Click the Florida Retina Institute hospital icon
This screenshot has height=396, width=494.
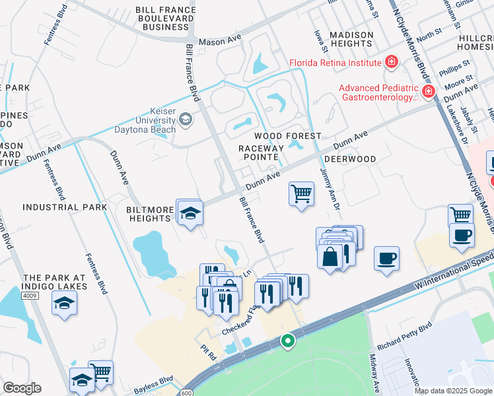coord(392,62)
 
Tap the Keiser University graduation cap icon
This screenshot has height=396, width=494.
coord(186,119)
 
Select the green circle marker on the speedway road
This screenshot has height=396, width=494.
coord(287,341)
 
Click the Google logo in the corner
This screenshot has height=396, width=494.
coord(22,388)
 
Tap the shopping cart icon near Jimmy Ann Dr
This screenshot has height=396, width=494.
coord(301,194)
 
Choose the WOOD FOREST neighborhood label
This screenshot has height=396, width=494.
coord(293,135)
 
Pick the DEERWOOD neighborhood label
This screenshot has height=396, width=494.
coord(349,159)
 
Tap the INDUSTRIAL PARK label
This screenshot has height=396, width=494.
coord(65,207)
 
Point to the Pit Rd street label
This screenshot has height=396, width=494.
coord(209,355)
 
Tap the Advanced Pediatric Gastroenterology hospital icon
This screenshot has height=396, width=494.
coord(428,91)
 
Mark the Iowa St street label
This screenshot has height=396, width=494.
coord(322,39)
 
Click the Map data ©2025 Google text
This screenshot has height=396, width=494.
coord(452,391)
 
